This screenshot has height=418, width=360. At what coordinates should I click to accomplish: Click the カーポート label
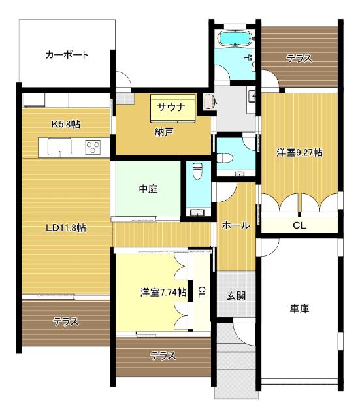click(67, 55)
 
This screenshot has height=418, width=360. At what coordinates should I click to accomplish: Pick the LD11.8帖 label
click(66, 228)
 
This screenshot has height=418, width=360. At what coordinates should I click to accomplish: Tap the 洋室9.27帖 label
click(299, 152)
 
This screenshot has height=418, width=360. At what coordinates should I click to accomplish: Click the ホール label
click(235, 225)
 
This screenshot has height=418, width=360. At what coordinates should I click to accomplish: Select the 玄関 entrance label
click(236, 295)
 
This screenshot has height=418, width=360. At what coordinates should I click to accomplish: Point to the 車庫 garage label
click(299, 309)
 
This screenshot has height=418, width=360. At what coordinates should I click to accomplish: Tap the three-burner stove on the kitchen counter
click(93, 148)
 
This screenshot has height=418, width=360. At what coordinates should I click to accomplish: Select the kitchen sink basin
click(59, 148)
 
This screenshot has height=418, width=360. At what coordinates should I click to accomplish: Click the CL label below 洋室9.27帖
click(299, 225)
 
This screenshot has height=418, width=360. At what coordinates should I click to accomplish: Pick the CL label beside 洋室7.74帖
click(202, 292)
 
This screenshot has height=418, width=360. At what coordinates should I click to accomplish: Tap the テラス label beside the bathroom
click(299, 58)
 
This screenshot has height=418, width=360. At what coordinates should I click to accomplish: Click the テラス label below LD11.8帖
click(66, 321)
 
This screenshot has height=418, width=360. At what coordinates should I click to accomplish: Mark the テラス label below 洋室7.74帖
click(163, 356)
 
